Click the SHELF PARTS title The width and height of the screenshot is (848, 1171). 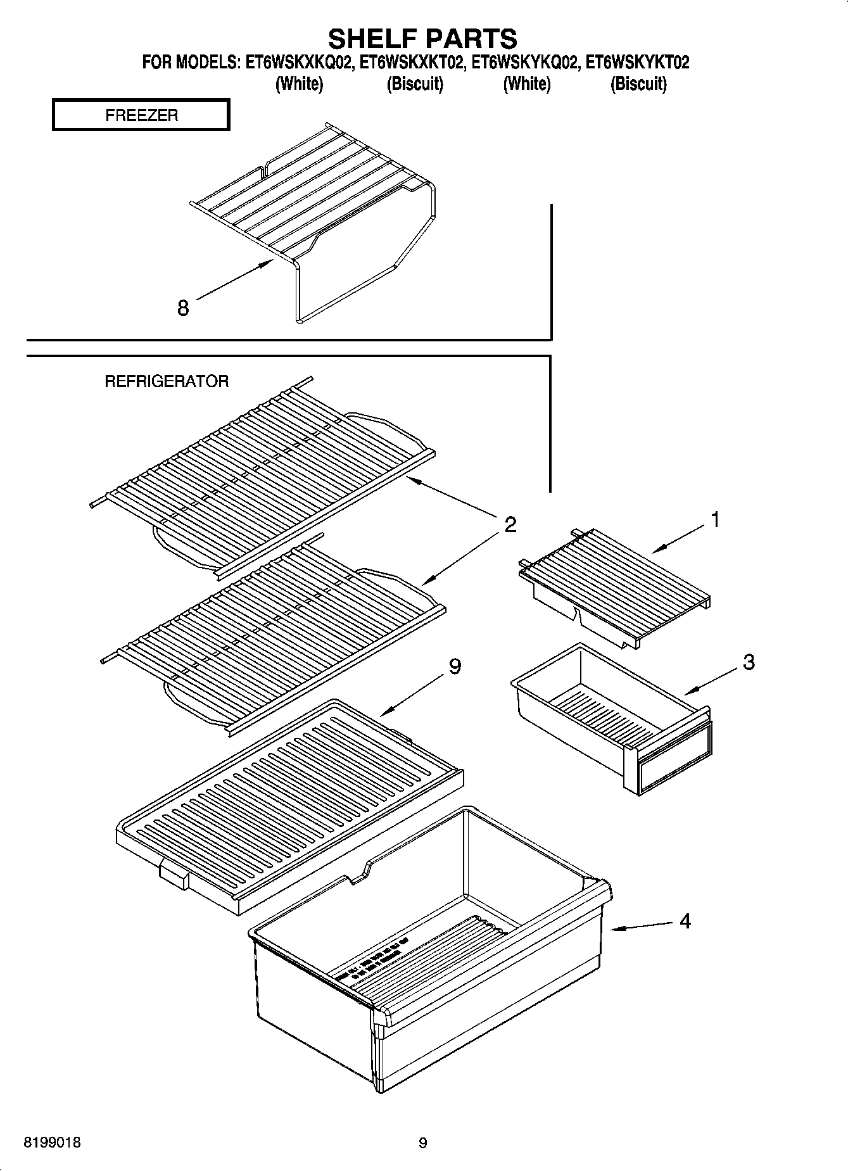422,39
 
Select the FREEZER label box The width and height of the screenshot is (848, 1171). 141,115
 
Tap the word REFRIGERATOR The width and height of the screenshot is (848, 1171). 167,381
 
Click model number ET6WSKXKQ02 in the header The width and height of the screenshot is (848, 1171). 300,63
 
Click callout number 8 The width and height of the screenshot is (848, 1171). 183,308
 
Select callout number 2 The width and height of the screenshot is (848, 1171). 510,524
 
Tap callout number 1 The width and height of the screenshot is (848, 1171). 715,520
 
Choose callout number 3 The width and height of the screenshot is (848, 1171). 749,662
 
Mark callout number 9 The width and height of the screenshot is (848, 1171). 455,666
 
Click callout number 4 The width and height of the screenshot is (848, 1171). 685,921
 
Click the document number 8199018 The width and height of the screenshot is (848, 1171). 52,1143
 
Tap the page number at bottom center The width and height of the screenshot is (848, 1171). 423,1143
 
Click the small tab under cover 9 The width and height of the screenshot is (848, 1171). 174,876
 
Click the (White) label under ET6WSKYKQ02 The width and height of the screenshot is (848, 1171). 526,84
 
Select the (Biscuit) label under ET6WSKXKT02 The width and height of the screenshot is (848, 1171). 415,84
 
